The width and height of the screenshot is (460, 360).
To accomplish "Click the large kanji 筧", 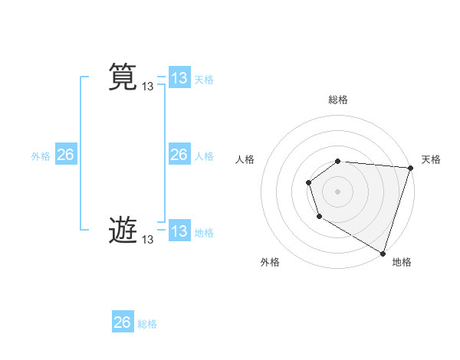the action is click(x=123, y=77).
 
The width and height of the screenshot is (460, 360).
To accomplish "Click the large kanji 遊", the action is click(x=123, y=230).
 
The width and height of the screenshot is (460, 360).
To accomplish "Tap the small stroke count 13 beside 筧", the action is click(x=147, y=87).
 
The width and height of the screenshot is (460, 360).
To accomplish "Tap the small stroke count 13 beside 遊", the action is click(x=147, y=240).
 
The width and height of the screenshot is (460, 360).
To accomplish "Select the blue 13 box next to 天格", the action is click(x=179, y=78).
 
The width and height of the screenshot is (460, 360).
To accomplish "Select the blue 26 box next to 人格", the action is click(x=179, y=155).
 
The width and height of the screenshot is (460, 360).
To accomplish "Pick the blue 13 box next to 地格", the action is click(x=179, y=231).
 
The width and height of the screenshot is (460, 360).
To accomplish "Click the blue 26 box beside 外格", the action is click(x=66, y=155).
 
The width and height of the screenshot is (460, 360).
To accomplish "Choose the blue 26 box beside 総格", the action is click(x=123, y=322).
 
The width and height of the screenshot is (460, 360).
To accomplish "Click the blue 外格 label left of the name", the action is click(x=41, y=156).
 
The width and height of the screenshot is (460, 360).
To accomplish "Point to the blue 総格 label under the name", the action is click(x=147, y=324).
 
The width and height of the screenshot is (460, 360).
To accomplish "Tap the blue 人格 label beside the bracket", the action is click(x=204, y=156).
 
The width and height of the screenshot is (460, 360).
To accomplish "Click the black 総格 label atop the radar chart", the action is click(x=338, y=100).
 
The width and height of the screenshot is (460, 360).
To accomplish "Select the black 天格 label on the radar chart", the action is click(x=431, y=159).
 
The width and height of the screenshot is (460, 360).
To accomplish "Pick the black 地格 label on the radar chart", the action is click(x=402, y=262).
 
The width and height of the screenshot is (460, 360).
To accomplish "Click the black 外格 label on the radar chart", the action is click(x=270, y=262).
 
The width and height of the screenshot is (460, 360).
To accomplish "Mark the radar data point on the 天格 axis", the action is click(x=410, y=168).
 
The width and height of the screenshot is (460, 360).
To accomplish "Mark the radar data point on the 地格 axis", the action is click(x=383, y=253).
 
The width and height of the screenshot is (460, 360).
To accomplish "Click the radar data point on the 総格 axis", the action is click(x=338, y=161).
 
